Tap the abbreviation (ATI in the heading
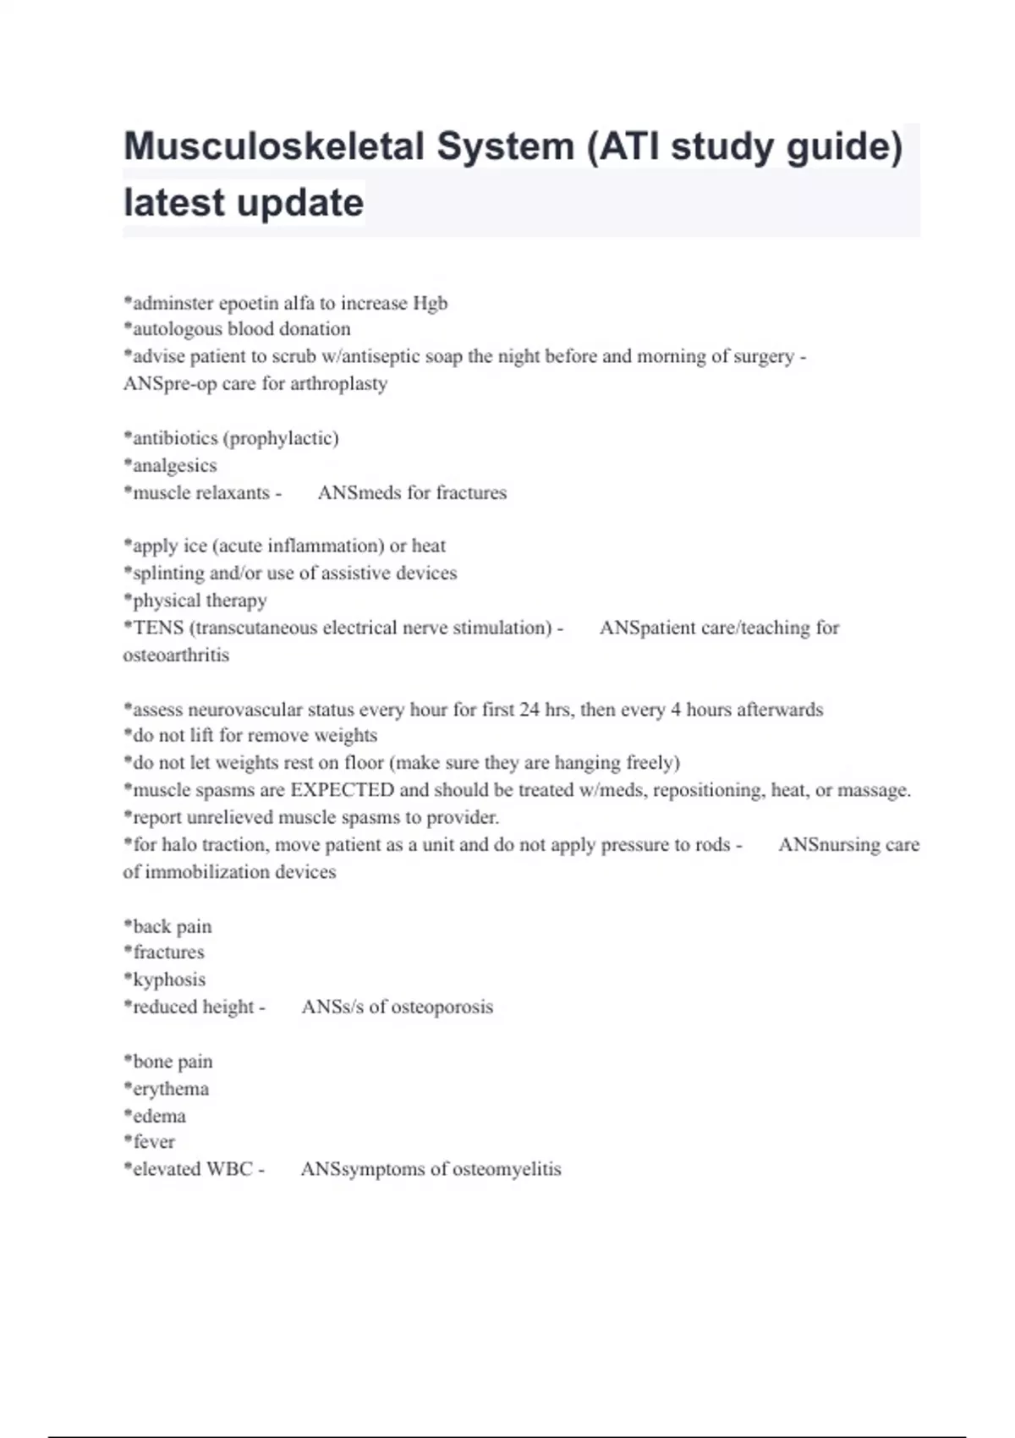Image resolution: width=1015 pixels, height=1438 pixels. [621, 146]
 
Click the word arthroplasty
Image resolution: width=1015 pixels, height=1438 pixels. [338, 383]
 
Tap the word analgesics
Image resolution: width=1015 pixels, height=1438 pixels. [174, 465]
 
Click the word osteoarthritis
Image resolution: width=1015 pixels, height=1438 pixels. [176, 655]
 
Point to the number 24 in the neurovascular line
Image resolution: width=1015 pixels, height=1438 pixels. [529, 709]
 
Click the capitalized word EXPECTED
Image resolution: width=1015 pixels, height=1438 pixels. [342, 790]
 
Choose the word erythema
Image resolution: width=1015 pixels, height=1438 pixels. [170, 1089]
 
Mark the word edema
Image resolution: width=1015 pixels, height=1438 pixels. [159, 1116]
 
